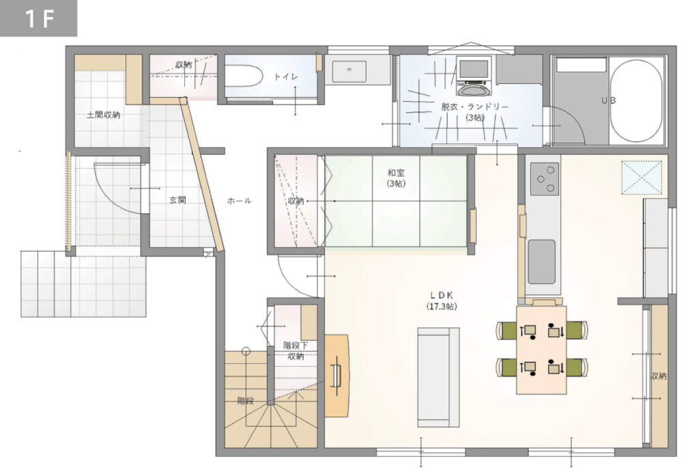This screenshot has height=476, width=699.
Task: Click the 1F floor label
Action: pos(39,18)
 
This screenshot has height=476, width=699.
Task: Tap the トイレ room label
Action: pos(286,76)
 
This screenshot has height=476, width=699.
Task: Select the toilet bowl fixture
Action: pos(242,76)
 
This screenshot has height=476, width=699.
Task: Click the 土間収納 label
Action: pos(103,115)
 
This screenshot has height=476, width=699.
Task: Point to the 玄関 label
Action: pos(177,200)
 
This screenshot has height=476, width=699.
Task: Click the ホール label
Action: pos(240,201)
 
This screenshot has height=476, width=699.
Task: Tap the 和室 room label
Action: pos(397,172)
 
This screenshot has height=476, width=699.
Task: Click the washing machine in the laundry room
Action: pos(474,76)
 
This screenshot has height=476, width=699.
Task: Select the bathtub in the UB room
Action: pos(636,101)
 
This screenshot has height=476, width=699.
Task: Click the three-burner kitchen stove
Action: pos(545,178)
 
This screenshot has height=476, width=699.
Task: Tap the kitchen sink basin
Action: pos(541,262)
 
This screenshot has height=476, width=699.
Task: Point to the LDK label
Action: pos(442,295)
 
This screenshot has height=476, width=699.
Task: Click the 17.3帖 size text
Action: pos(442,307)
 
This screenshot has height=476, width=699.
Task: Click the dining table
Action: pos(541,350)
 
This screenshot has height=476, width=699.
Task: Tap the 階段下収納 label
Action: pos(296,350)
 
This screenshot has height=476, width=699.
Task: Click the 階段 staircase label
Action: pos(246,401)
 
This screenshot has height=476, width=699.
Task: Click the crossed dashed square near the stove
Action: pos(642,178)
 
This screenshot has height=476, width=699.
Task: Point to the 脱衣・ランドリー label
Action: pos(475,107)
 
